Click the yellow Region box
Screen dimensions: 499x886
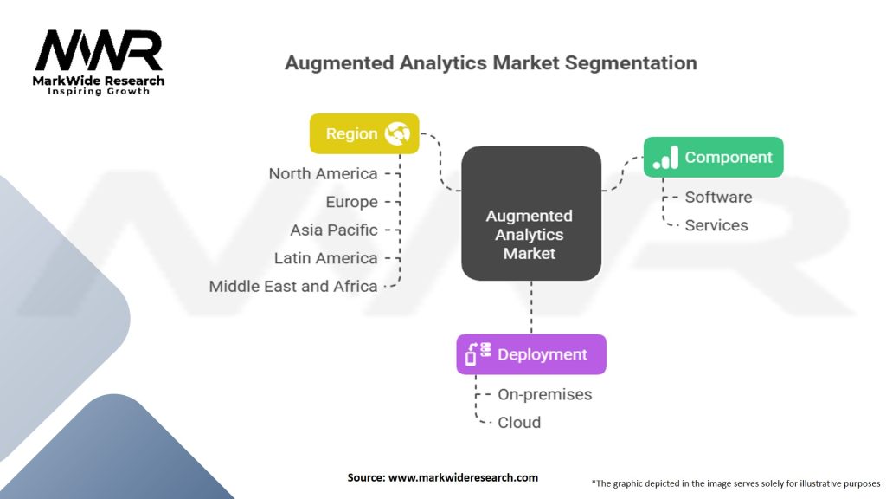click(x=364, y=133)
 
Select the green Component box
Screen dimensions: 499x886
click(x=713, y=157)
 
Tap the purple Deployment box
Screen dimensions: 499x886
click(x=531, y=354)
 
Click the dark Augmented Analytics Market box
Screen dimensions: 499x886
click(x=530, y=213)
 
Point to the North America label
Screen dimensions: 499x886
click(x=323, y=173)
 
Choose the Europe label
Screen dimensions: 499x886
click(x=351, y=202)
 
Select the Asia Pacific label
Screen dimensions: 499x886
click(x=334, y=230)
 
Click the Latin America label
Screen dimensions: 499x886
click(x=325, y=258)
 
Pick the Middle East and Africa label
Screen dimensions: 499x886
click(x=293, y=286)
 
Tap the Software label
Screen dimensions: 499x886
click(x=718, y=197)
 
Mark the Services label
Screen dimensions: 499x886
click(x=716, y=225)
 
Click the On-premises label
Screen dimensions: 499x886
click(x=544, y=394)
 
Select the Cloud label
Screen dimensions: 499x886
click(x=519, y=423)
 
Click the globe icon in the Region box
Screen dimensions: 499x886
click(x=400, y=133)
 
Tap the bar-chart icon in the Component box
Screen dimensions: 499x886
click(x=665, y=158)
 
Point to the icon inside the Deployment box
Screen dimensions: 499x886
click(x=478, y=354)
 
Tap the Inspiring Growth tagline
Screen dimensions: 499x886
click(x=98, y=91)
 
